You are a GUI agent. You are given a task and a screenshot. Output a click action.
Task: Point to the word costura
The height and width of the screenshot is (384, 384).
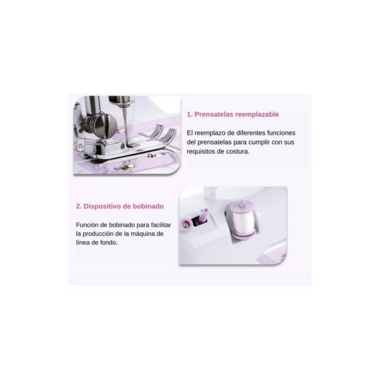237,151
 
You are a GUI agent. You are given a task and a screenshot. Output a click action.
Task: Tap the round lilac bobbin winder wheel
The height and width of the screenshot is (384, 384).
186,224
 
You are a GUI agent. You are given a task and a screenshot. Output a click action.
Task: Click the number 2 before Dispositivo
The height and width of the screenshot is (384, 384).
78,206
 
